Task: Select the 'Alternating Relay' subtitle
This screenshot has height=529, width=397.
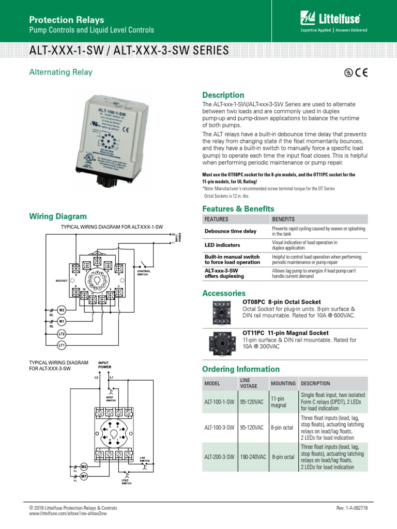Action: pyautogui.click(x=60, y=72)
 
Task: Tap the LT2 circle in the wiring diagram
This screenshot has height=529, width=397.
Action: pyautogui.click(x=62, y=334)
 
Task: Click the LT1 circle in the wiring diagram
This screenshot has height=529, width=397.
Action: pyautogui.click(x=62, y=345)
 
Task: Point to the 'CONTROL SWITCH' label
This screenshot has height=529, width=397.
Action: pyautogui.click(x=143, y=272)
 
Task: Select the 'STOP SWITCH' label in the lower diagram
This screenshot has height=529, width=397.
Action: pyautogui.click(x=111, y=398)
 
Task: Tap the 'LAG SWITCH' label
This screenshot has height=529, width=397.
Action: pyautogui.click(x=144, y=459)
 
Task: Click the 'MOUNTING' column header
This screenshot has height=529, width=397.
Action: pyautogui.click(x=283, y=383)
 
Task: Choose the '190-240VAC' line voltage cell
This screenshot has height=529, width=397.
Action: pyautogui.click(x=252, y=457)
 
